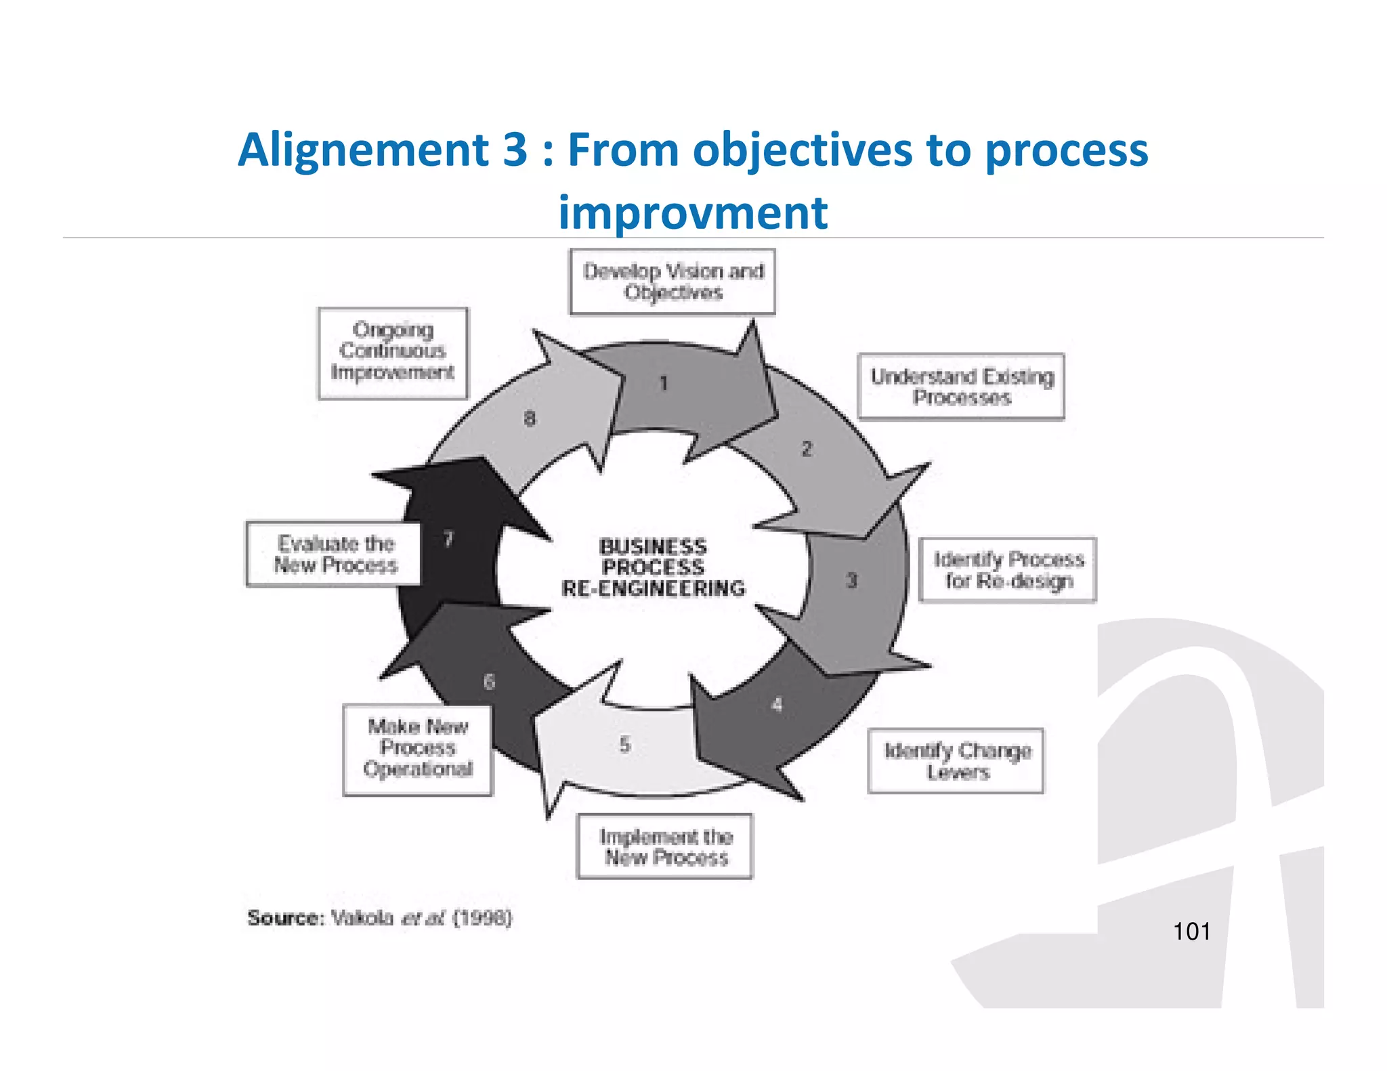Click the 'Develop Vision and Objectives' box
(x=672, y=282)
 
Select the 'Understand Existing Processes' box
(x=960, y=387)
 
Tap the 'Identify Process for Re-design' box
(x=1007, y=570)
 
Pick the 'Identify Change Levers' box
(x=956, y=761)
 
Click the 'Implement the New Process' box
(x=664, y=847)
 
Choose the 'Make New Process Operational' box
(x=417, y=750)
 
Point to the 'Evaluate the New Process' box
(x=333, y=554)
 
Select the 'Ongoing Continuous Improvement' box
(x=393, y=353)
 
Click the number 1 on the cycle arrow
(x=664, y=384)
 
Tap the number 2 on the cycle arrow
(x=807, y=449)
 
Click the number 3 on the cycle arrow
(x=851, y=581)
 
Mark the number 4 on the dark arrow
(x=777, y=705)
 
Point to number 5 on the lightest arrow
(x=624, y=745)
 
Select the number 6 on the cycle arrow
(x=489, y=682)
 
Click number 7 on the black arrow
(x=448, y=539)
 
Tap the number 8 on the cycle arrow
(x=530, y=419)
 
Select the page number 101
(x=1191, y=932)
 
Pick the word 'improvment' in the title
(x=693, y=213)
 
